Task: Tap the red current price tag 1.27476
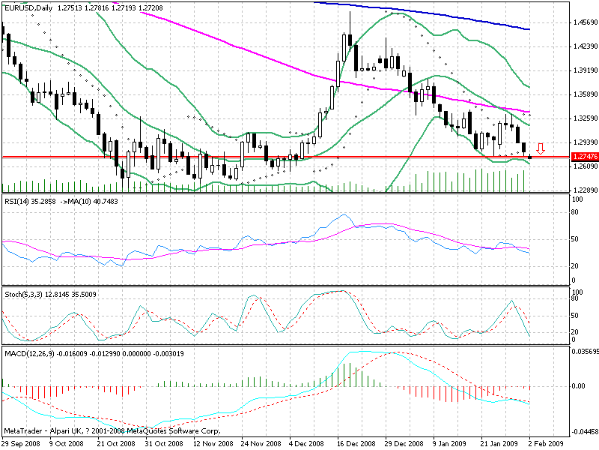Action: coord(583,157)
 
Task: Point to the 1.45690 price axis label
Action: coord(583,22)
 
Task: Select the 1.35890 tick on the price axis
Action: coord(583,94)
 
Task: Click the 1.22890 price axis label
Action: coord(583,190)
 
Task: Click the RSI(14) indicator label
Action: coord(17,201)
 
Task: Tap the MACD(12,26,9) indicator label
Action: coord(28,352)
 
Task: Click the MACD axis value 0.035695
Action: coord(583,350)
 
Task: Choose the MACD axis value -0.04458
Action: coord(583,431)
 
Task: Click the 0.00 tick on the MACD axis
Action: coord(578,386)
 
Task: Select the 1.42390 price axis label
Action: coord(583,46)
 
